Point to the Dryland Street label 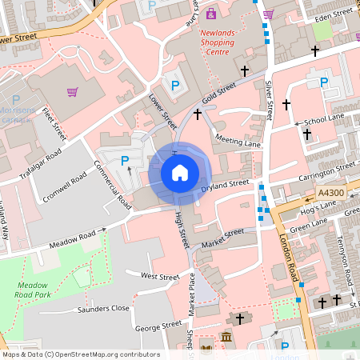tap(226, 185)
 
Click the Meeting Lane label tap(238, 141)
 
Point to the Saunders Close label tap(103, 308)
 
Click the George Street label tap(160, 326)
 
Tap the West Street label tap(160, 276)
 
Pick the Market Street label tap(222, 237)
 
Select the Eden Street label tap(334, 15)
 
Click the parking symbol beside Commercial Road tap(125, 162)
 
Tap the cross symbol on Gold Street tap(198, 115)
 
